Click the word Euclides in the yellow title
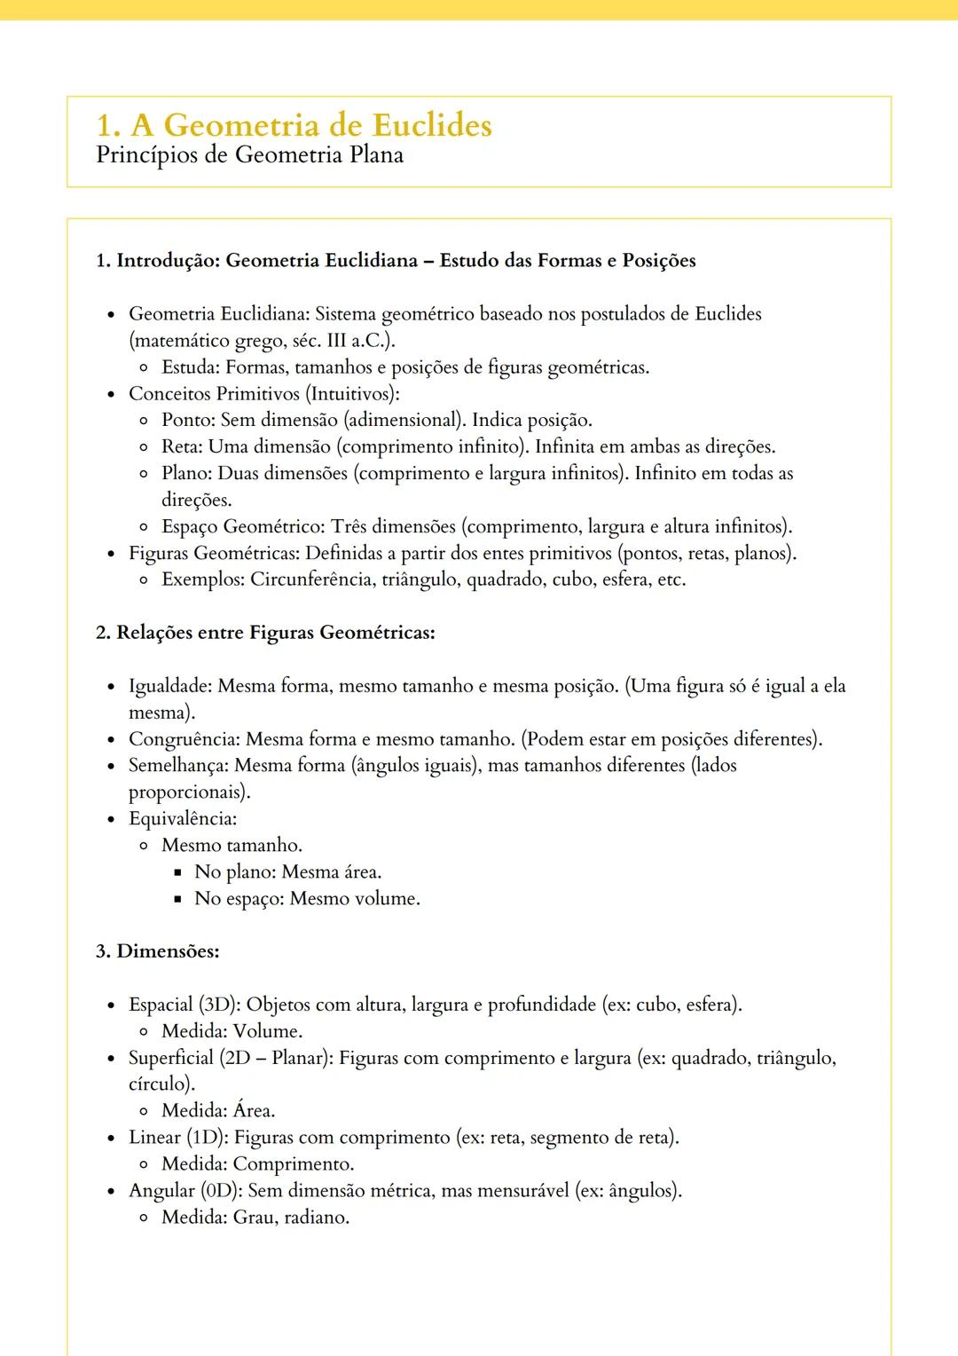(432, 125)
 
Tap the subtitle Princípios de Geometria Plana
(249, 155)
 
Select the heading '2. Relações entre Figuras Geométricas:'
(265, 633)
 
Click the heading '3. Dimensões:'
(157, 951)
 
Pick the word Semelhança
(177, 765)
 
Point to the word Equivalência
(181, 818)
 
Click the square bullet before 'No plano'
(178, 872)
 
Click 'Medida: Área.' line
(218, 1110)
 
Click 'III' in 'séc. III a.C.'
(337, 341)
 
